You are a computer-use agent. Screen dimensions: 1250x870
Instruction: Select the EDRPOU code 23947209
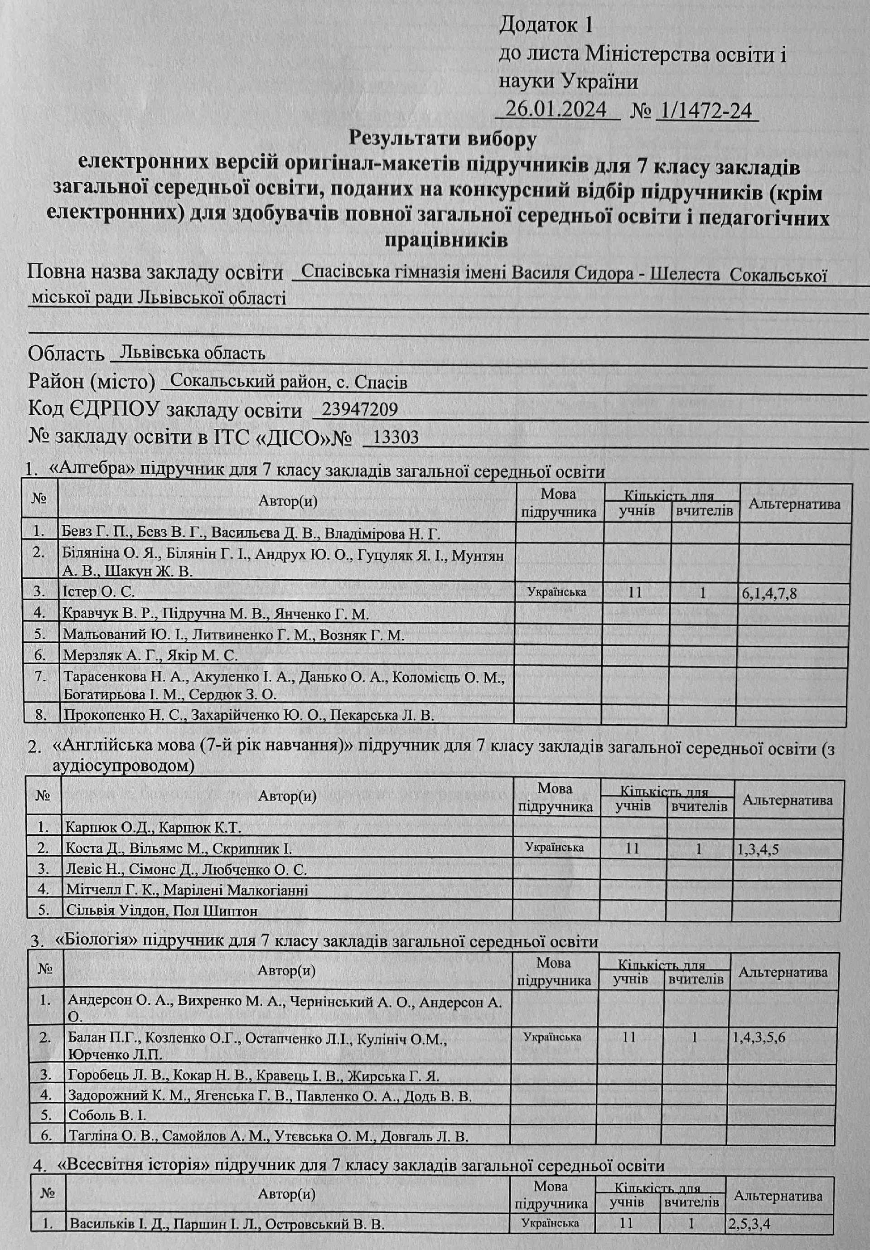pos(360,409)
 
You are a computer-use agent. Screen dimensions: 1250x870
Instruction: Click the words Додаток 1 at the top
pos(546,24)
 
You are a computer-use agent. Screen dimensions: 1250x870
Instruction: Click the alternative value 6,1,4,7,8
pos(770,593)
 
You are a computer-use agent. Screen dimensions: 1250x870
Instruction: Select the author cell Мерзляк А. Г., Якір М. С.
pos(151,655)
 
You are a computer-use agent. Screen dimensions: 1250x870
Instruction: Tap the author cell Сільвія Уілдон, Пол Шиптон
pos(162,910)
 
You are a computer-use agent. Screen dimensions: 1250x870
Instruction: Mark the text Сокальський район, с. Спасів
pos(289,382)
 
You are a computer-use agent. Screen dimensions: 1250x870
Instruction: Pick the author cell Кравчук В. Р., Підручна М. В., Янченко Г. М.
pos(216,614)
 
